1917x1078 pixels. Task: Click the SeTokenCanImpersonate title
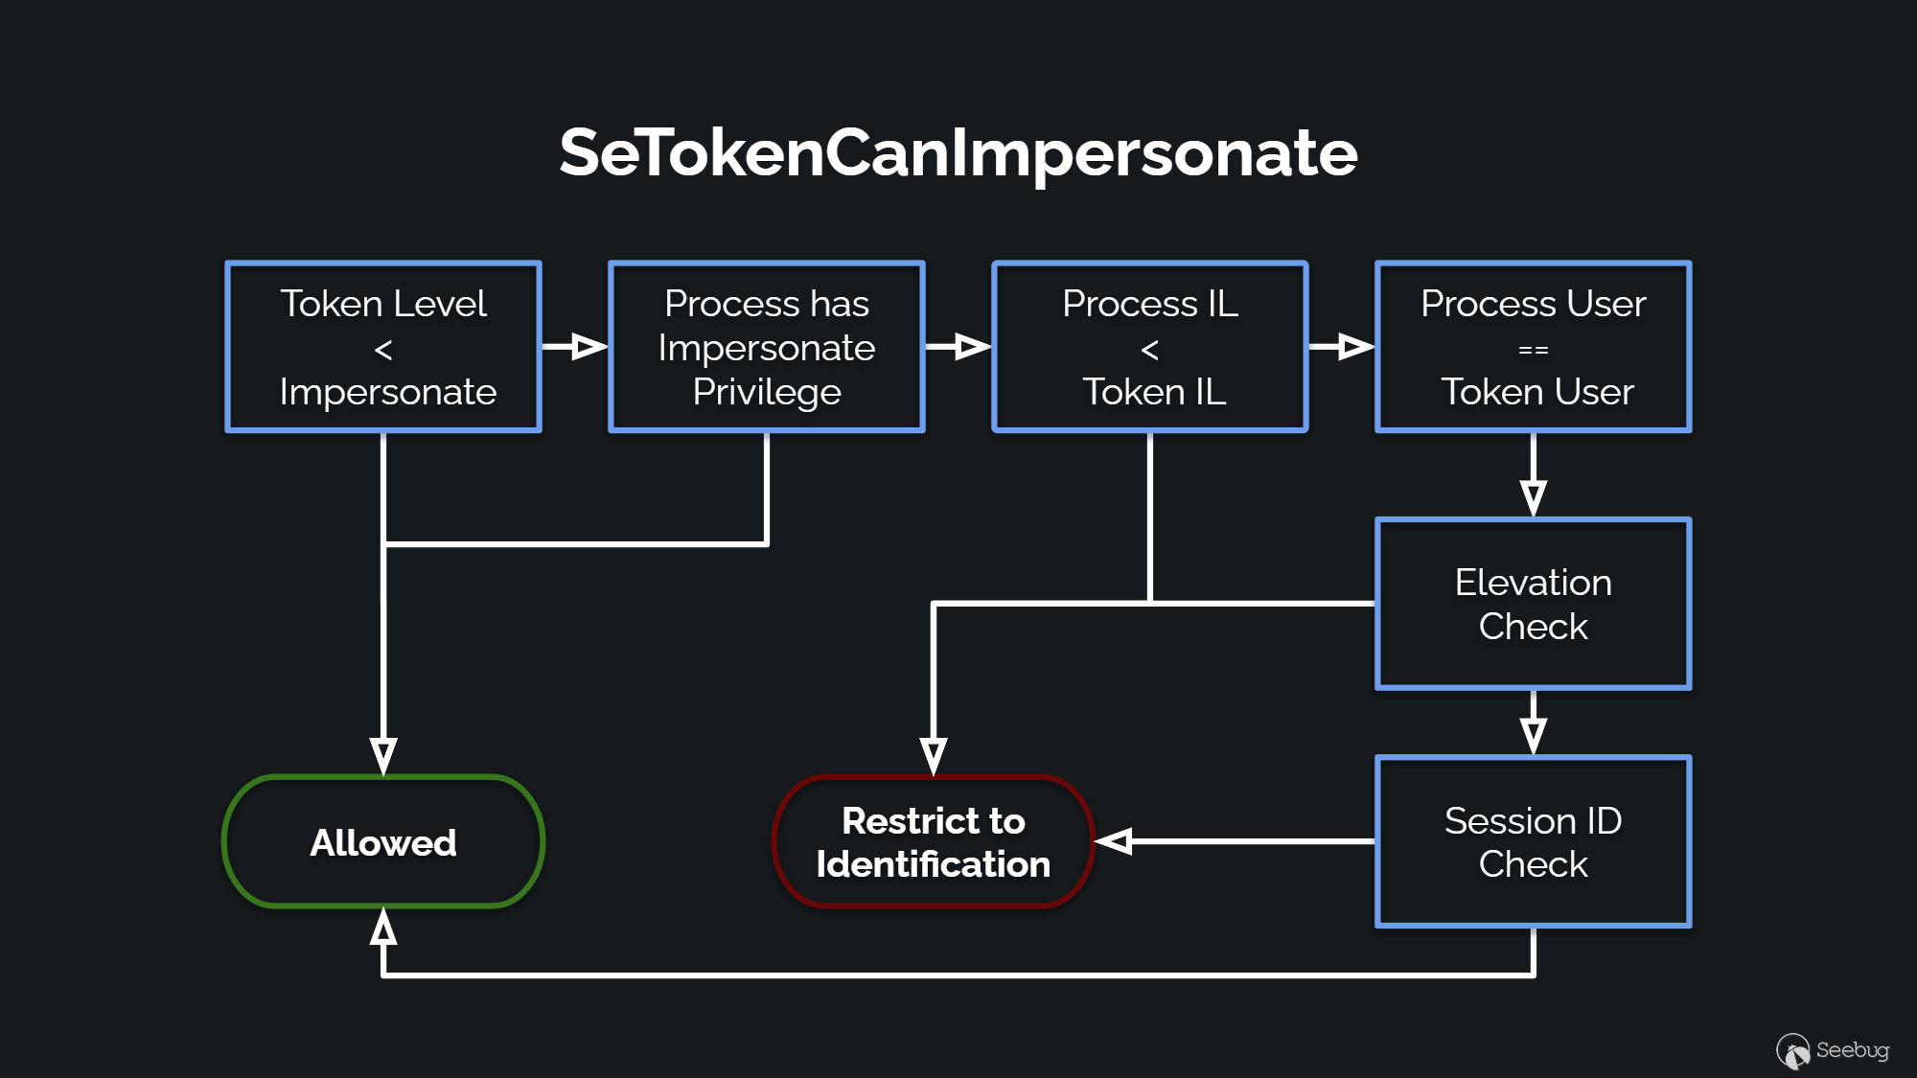(958, 153)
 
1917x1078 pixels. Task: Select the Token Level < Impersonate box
(383, 347)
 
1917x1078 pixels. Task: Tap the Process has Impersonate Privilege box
(767, 347)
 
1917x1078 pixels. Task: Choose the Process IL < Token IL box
(1150, 347)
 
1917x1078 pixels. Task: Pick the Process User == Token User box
(1534, 347)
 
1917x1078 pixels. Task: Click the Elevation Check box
(1534, 604)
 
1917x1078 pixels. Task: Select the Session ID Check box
(1534, 841)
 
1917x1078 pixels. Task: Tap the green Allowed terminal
(383, 841)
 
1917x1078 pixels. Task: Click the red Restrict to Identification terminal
(933, 841)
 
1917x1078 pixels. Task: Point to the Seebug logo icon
(1792, 1051)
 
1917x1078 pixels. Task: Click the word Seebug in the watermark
(1852, 1050)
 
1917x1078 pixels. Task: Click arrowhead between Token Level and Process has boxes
(589, 347)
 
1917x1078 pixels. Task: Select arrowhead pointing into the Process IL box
(972, 347)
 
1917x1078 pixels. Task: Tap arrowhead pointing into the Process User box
(1355, 347)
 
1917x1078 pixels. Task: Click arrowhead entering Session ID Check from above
(1534, 735)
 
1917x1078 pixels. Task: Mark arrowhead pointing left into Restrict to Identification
(1115, 841)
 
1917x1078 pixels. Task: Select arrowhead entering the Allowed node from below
(383, 927)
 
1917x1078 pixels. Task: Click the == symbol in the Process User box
(1534, 351)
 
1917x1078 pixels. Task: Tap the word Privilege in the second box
(767, 392)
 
